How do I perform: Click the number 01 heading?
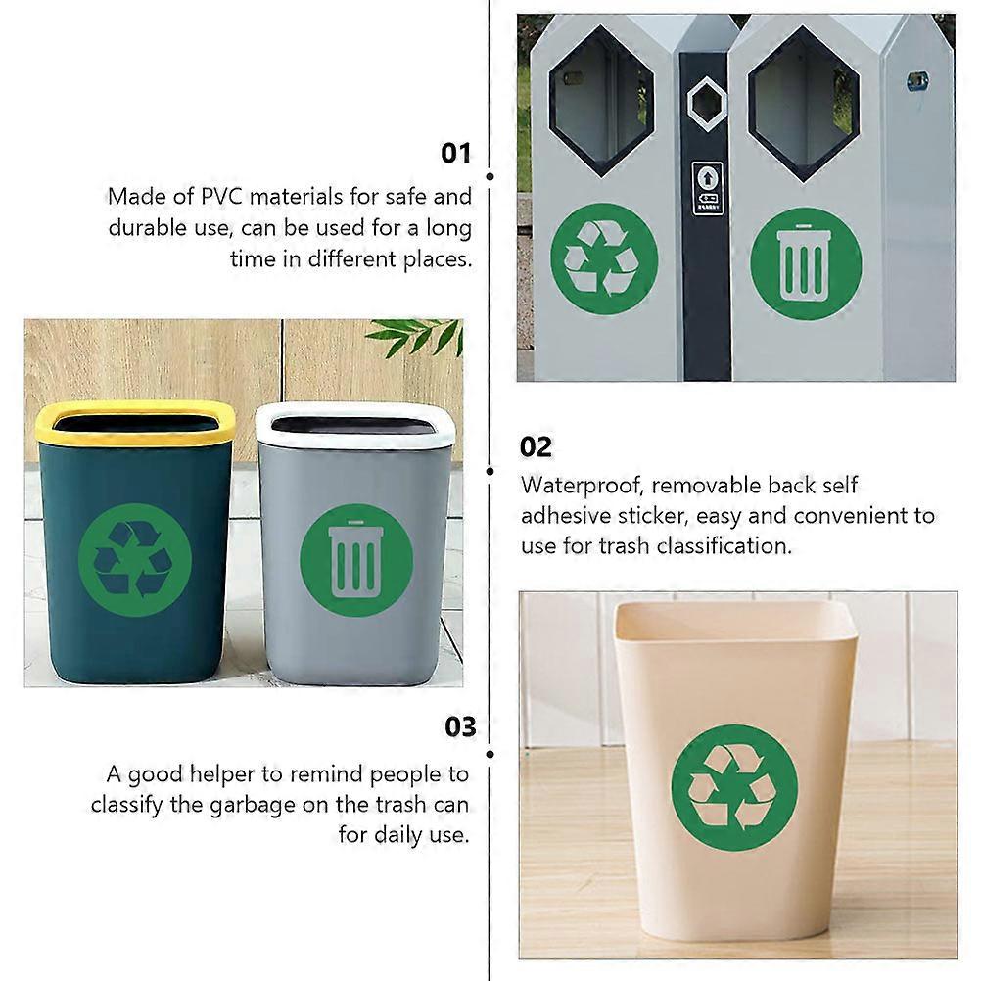pyautogui.click(x=456, y=153)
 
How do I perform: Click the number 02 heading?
pyautogui.click(x=536, y=447)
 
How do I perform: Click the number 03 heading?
pyautogui.click(x=460, y=727)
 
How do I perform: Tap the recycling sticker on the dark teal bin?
pyautogui.click(x=134, y=560)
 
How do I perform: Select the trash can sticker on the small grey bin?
pyautogui.click(x=355, y=560)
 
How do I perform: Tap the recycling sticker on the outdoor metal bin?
pyautogui.click(x=603, y=258)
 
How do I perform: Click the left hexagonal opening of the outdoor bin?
pyautogui.click(x=600, y=100)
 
